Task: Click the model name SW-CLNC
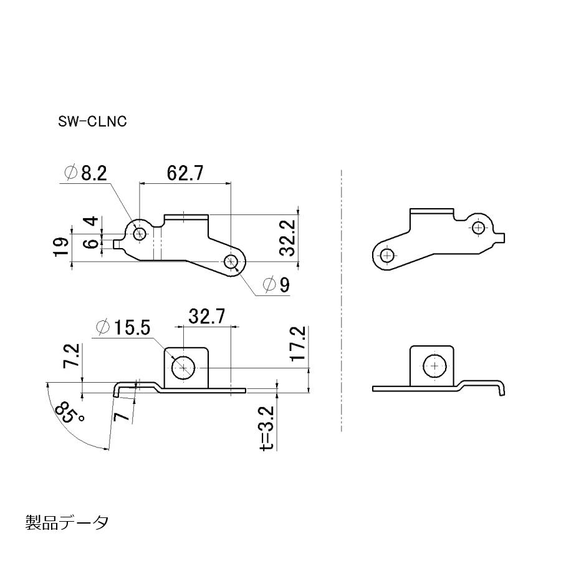[x=92, y=122]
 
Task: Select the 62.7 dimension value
[x=185, y=173]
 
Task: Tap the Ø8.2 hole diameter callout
[x=85, y=173]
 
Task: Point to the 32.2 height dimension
[x=287, y=238]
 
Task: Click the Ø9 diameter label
[x=277, y=285]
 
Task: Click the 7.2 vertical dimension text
[x=73, y=356]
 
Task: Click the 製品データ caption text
[x=67, y=522]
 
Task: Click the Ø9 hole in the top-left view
[x=232, y=261]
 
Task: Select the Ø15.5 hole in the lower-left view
[x=183, y=368]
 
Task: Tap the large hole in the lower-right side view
[x=434, y=367]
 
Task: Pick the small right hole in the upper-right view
[x=479, y=228]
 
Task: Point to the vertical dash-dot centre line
[x=342, y=299]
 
